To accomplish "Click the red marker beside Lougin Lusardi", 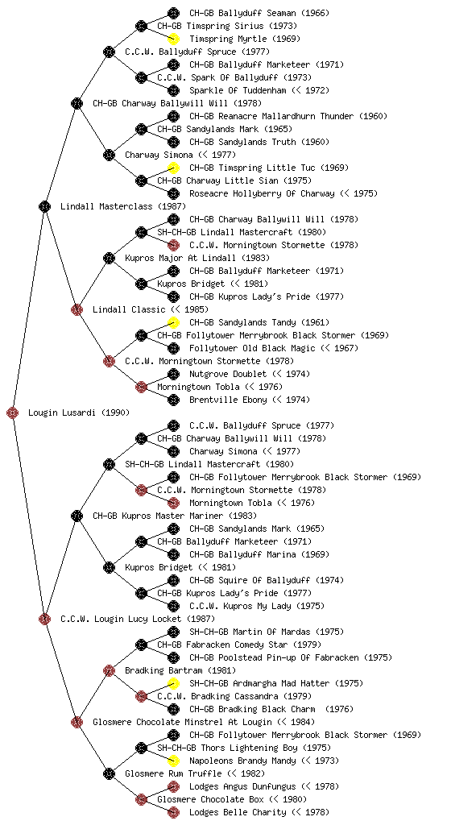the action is tap(13, 412).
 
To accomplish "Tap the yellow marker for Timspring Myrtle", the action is tap(173, 39).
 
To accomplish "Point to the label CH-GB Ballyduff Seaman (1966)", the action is tap(259, 13).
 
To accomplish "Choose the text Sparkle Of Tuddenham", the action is tap(238, 90).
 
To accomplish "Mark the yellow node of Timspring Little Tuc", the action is tap(173, 168).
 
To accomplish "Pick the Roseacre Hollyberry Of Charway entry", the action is tap(262, 193).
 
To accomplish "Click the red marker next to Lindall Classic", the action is tap(77, 309).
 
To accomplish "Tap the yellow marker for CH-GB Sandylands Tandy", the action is tap(173, 322).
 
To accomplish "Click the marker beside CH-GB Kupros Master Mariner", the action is tap(77, 516).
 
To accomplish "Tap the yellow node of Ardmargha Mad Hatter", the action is tap(173, 683).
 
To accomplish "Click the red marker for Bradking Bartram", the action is tap(109, 670).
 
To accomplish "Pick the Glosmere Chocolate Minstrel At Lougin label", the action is tap(182, 722).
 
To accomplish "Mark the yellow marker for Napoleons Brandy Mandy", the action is tap(173, 761).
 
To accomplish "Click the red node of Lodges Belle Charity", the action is tap(173, 812).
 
